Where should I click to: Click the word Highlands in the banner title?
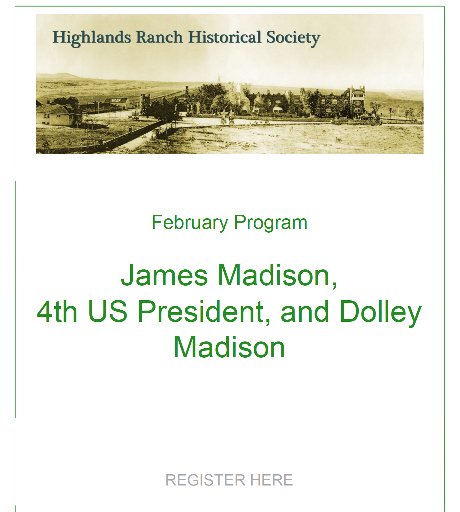pyautogui.click(x=92, y=38)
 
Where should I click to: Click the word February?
pyautogui.click(x=190, y=223)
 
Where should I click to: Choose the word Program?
pyautogui.click(x=271, y=223)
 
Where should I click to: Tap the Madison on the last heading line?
pyautogui.click(x=229, y=347)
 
